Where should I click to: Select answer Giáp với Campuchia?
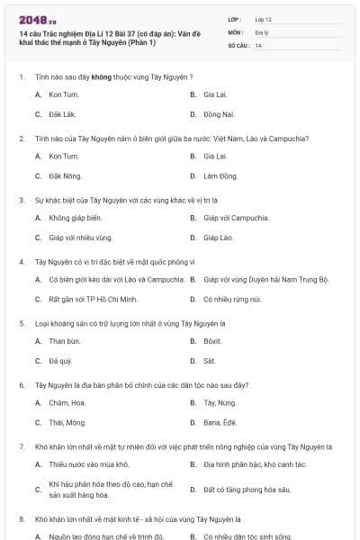(x=237, y=218)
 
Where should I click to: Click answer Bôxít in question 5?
(x=213, y=341)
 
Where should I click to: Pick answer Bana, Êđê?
(x=221, y=422)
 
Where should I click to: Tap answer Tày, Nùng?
(x=220, y=402)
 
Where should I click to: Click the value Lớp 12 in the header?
(x=263, y=19)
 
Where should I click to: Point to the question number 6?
(x=21, y=384)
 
